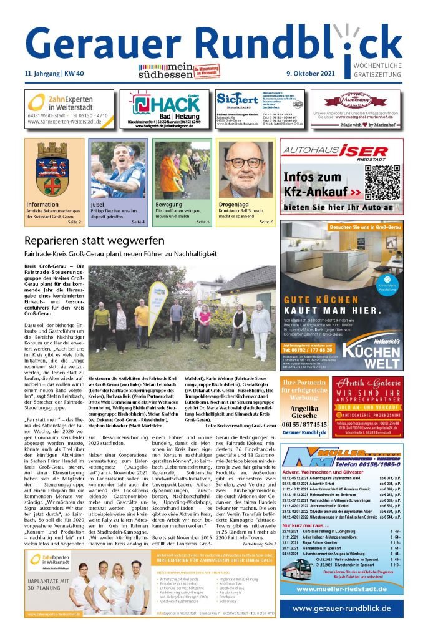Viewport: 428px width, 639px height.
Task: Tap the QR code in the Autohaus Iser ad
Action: [x=382, y=181]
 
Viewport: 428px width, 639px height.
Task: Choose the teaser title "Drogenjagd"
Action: [x=234, y=204]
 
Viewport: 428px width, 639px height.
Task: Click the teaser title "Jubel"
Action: [x=97, y=204]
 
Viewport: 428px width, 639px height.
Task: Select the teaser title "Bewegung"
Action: [x=170, y=204]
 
